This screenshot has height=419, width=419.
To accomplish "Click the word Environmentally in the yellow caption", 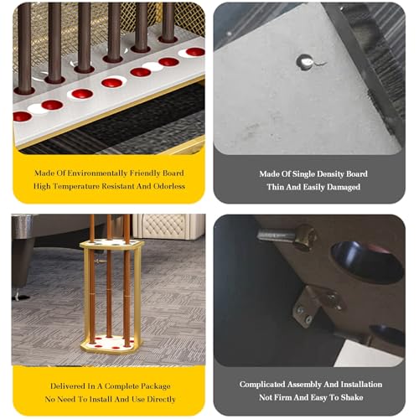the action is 97,173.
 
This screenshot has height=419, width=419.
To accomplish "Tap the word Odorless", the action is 169,186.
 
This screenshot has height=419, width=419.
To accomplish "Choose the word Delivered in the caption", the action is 68,386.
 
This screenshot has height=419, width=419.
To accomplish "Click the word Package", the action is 156,387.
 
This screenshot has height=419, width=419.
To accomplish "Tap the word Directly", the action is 161,400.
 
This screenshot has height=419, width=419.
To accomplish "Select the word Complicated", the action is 261,385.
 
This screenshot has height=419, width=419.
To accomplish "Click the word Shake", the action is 352,397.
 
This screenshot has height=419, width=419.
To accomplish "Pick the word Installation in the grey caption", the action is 361,385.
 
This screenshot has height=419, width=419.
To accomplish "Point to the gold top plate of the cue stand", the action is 112,244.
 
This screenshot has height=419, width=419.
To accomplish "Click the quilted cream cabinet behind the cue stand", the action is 168,226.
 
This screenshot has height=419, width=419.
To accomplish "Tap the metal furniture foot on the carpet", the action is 18,295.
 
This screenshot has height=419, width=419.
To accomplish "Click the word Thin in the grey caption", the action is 275,187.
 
